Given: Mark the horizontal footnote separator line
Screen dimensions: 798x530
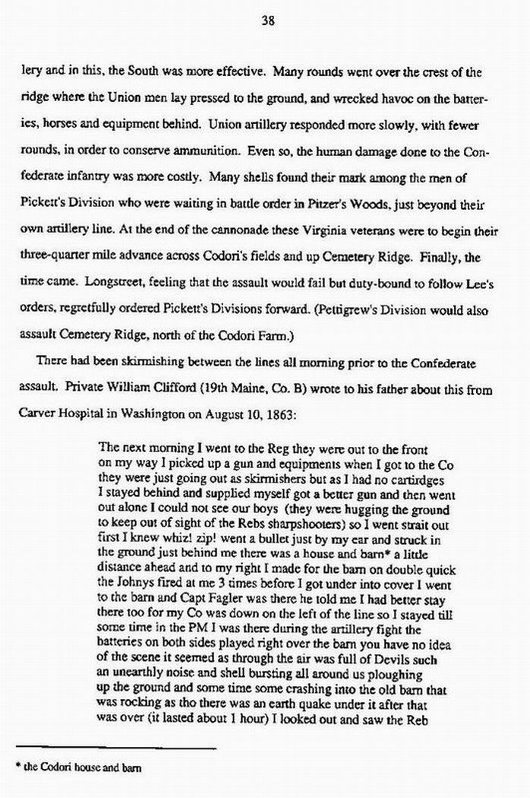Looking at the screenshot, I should click(x=114, y=749).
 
